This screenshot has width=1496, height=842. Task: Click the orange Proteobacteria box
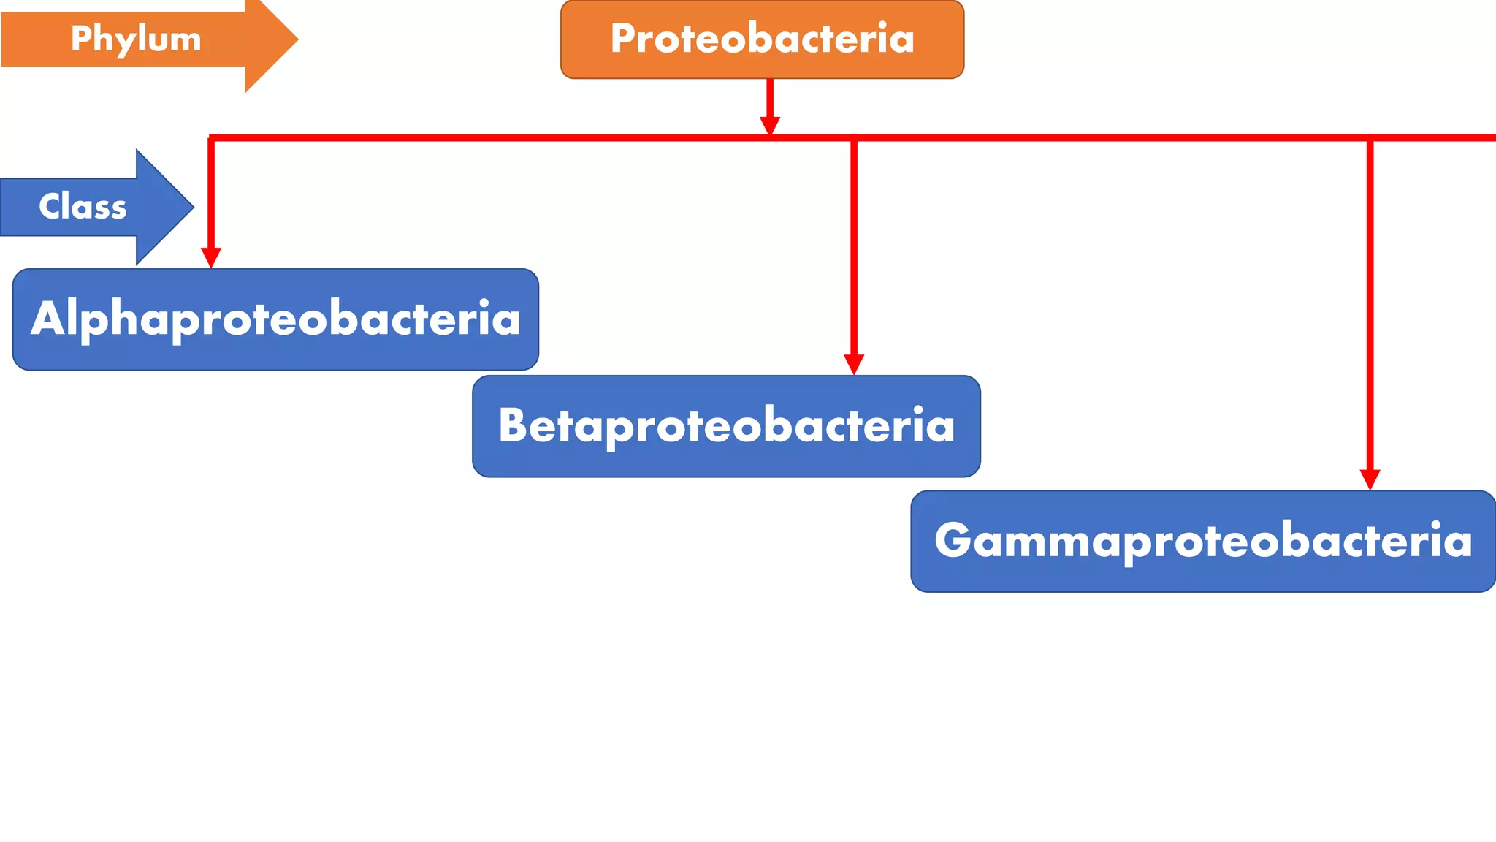coord(762,39)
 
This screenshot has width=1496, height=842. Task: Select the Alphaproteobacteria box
coord(275,319)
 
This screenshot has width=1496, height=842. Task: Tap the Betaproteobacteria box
coord(726,426)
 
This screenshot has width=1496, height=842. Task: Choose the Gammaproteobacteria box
coord(1202,541)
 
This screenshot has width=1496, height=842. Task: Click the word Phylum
coord(136,39)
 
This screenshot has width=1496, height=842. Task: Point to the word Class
coord(83,207)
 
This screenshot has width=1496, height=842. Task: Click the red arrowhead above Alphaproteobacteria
coord(211,257)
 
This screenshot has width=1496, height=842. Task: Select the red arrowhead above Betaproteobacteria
coord(854,364)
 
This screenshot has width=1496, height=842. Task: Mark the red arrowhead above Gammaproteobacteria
coord(1370,479)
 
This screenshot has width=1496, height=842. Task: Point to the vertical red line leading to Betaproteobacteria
coord(854,249)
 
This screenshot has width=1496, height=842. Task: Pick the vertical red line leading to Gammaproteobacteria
coord(1370,307)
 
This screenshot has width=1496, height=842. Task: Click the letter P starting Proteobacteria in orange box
coord(624,39)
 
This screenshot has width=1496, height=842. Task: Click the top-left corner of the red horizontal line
coord(211,137)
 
